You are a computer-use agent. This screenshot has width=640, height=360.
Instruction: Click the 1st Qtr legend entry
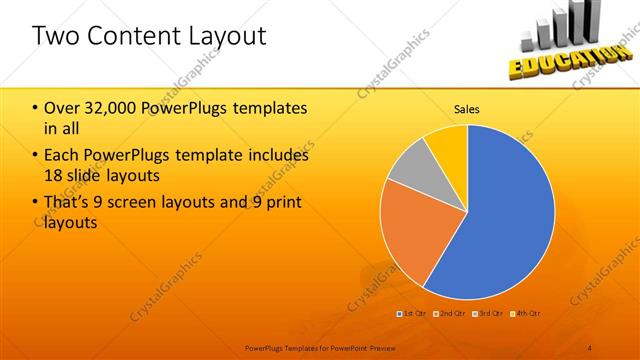[x=414, y=314]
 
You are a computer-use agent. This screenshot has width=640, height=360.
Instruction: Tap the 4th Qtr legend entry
[x=528, y=314]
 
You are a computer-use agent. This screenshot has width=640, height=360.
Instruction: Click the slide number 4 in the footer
[x=590, y=347]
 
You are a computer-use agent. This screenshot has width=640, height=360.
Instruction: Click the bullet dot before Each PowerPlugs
[x=36, y=155]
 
